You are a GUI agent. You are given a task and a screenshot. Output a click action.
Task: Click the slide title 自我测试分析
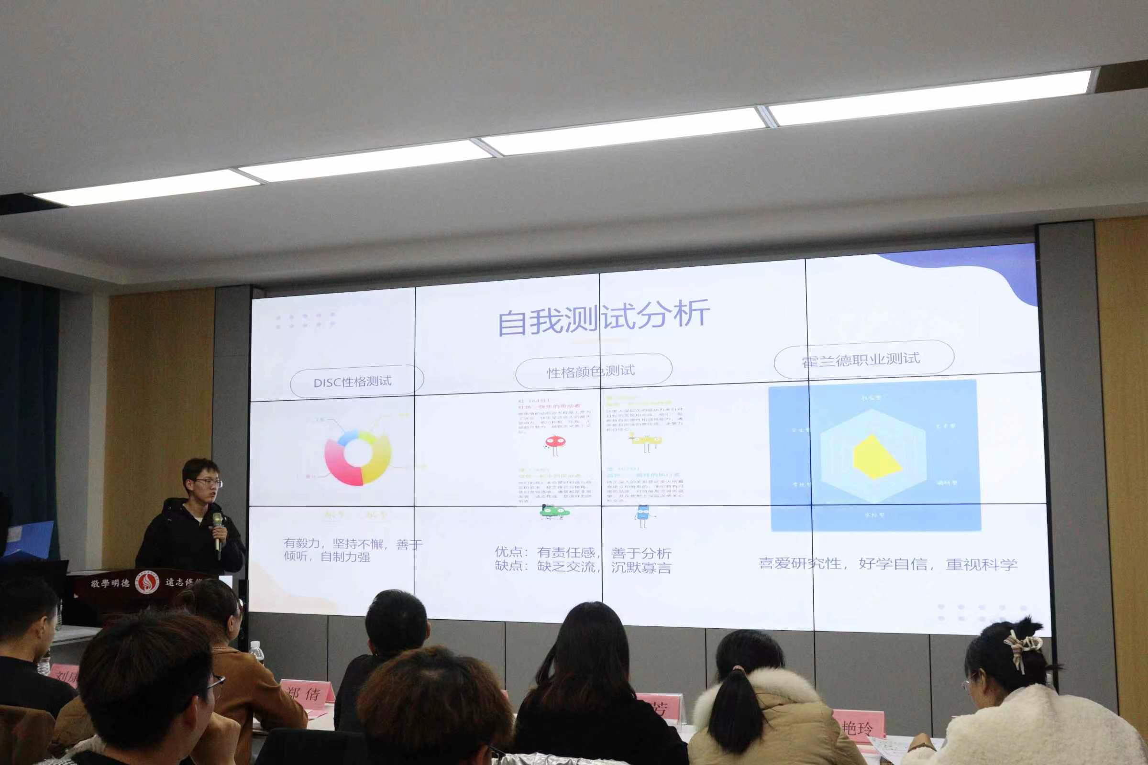coord(603,317)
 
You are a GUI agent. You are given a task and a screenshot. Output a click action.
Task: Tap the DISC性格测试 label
coord(353,382)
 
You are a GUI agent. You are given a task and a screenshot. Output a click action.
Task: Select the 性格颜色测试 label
coord(591,372)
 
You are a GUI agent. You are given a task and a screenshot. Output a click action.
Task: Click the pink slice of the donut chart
coord(339,466)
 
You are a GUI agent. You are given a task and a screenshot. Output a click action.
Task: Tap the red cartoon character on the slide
coord(555,444)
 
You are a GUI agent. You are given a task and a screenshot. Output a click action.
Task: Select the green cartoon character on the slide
coord(554,512)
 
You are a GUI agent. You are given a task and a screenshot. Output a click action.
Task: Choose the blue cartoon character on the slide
coord(643,515)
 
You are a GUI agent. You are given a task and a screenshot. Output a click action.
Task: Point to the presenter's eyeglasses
coord(210,483)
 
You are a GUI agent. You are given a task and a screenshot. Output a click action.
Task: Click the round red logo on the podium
coord(147,582)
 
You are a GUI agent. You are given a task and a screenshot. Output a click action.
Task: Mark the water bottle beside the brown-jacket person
coord(256,652)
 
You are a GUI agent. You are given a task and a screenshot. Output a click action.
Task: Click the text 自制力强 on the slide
coord(344,557)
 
